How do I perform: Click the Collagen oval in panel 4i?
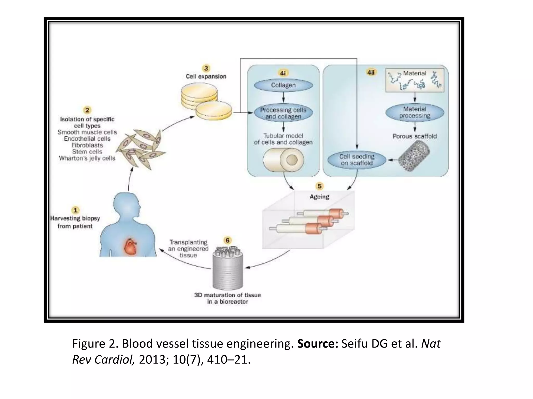pyautogui.click(x=283, y=85)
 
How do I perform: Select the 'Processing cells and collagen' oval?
pyautogui.click(x=283, y=113)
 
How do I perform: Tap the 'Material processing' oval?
pyautogui.click(x=415, y=112)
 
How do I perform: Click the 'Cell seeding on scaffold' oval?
pyautogui.click(x=357, y=160)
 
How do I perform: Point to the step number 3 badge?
pyautogui.click(x=206, y=68)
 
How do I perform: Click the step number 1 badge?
pyautogui.click(x=75, y=210)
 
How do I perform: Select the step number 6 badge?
pyautogui.click(x=227, y=240)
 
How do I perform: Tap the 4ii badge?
pyautogui.click(x=371, y=72)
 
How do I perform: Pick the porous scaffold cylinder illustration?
pyautogui.click(x=414, y=155)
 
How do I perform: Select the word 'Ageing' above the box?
pyautogui.click(x=319, y=197)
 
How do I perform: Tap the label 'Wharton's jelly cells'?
pyautogui.click(x=87, y=158)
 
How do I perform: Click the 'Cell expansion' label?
pyautogui.click(x=206, y=76)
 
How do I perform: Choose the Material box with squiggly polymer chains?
pyautogui.click(x=415, y=80)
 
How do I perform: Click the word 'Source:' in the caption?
pyautogui.click(x=318, y=344)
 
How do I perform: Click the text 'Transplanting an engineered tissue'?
pyautogui.click(x=188, y=249)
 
